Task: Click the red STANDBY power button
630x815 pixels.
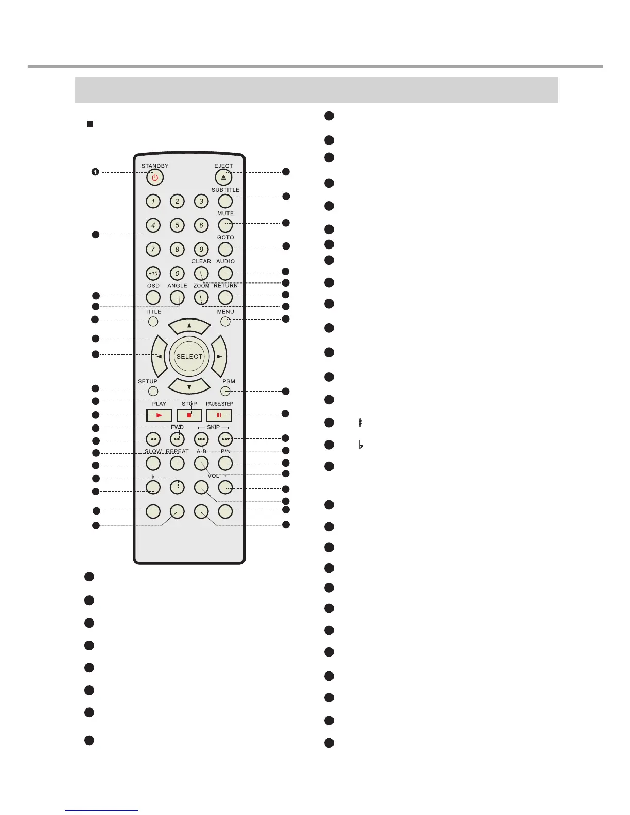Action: (154, 178)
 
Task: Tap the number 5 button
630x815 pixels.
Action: (177, 225)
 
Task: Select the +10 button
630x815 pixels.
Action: (153, 273)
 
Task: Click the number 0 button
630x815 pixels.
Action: (177, 273)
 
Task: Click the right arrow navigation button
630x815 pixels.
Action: (219, 356)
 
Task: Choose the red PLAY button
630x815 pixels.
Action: (159, 415)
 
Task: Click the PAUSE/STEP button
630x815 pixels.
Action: (219, 415)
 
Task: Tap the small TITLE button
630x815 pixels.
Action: (153, 322)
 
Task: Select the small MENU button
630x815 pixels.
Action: (225, 322)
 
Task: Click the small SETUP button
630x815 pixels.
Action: (153, 391)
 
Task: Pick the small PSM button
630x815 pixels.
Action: (225, 391)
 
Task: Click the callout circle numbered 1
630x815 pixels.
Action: (95, 172)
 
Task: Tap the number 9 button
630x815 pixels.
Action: (201, 250)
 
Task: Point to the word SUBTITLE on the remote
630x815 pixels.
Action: (225, 190)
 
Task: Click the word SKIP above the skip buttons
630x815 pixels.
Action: (213, 427)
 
